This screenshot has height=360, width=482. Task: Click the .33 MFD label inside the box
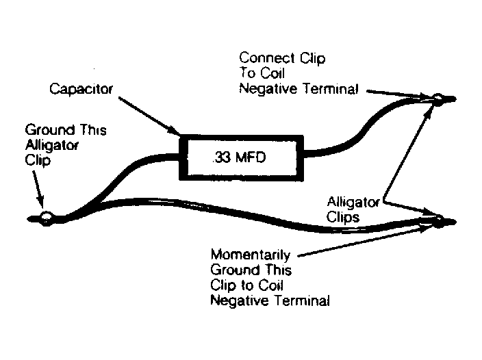click(239, 157)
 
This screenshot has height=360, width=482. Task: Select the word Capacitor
click(81, 90)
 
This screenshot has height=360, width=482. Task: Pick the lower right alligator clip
click(440, 222)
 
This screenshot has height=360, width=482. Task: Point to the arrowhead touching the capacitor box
click(174, 131)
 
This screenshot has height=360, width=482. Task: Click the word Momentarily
click(251, 255)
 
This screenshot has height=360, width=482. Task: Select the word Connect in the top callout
click(267, 58)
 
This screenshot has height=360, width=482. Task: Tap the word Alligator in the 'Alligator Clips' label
click(353, 203)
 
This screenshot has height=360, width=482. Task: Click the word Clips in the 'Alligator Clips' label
click(343, 218)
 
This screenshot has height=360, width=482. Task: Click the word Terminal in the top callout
click(331, 89)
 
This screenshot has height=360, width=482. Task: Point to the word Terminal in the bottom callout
click(302, 300)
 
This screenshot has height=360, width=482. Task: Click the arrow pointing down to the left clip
click(38, 190)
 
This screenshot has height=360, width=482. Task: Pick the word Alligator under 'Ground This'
click(52, 145)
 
